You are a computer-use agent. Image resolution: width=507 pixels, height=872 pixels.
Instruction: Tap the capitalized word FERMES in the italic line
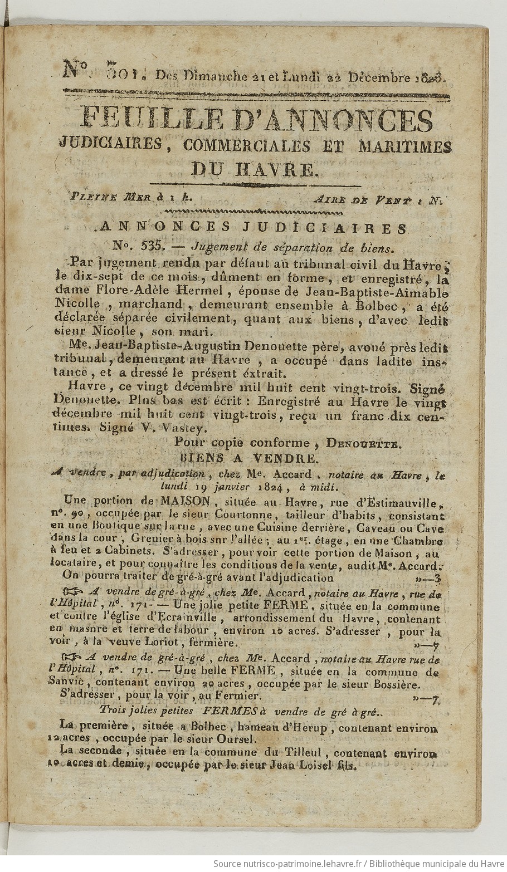pyautogui.click(x=230, y=711)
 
